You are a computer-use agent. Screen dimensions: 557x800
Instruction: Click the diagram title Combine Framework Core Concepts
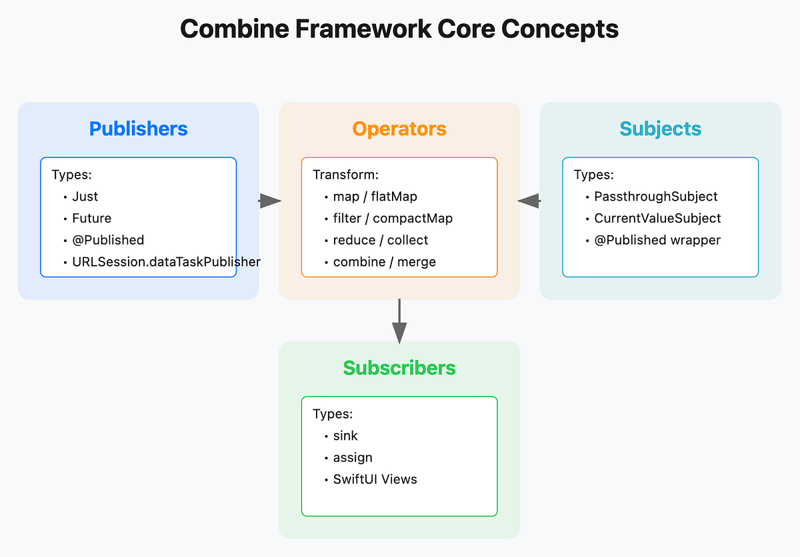click(399, 29)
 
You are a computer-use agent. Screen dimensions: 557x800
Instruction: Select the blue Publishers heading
click(138, 129)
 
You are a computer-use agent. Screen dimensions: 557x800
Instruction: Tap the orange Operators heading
click(399, 129)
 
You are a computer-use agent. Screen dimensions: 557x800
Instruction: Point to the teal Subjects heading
click(660, 129)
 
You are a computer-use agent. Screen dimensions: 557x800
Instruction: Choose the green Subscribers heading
click(399, 368)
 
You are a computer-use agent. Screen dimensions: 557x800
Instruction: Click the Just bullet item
click(85, 197)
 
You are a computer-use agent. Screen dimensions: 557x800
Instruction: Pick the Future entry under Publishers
click(91, 219)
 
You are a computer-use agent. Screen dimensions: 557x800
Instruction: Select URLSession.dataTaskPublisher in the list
click(166, 262)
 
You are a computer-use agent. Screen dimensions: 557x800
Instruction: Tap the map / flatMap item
click(375, 197)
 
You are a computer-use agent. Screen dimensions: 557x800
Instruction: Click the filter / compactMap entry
click(393, 219)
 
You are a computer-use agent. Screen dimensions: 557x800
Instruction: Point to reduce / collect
click(380, 240)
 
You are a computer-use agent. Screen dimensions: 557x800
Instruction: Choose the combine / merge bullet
click(384, 262)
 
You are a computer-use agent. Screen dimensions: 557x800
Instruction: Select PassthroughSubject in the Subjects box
click(655, 197)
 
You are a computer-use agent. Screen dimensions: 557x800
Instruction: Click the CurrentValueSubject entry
click(657, 219)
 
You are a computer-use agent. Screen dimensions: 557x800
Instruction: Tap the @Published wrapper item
click(657, 240)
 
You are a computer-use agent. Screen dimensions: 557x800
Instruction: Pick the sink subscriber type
click(345, 436)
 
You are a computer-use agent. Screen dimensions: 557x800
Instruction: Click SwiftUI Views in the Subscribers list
click(375, 479)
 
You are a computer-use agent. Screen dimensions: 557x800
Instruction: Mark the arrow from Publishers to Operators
click(269, 201)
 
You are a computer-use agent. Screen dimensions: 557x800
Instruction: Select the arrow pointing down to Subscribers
click(399, 323)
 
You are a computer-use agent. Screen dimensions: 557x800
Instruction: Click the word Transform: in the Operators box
click(345, 175)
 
